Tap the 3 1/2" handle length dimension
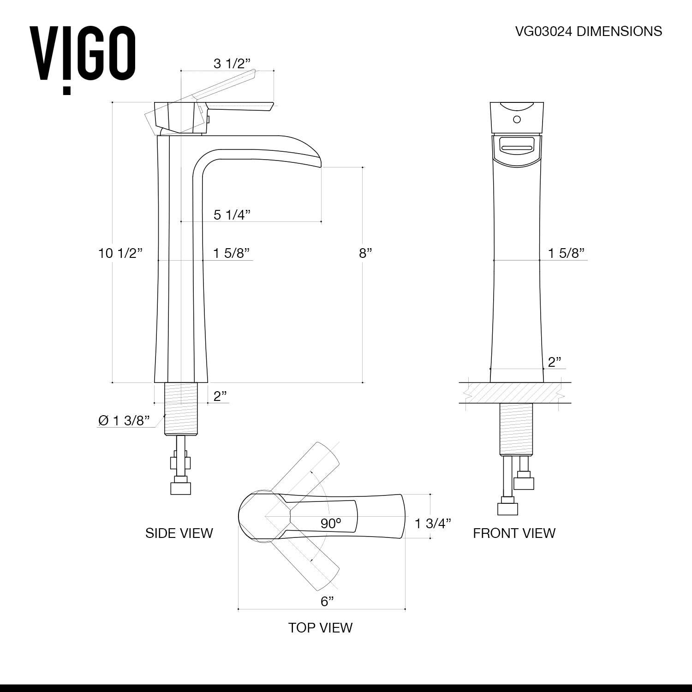point(232,64)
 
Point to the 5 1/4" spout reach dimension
point(232,215)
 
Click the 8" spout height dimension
point(365,253)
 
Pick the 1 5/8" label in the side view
point(231,253)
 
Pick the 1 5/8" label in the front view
point(566,253)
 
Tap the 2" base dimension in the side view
point(220,396)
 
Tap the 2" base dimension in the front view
point(554,362)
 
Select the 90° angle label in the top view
point(331,523)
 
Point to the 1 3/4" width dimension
point(432,523)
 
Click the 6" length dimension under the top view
point(327,601)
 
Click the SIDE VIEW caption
point(179,533)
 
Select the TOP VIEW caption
point(320,627)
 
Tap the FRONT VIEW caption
point(514,533)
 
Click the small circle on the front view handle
point(517,120)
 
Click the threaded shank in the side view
point(181,409)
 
